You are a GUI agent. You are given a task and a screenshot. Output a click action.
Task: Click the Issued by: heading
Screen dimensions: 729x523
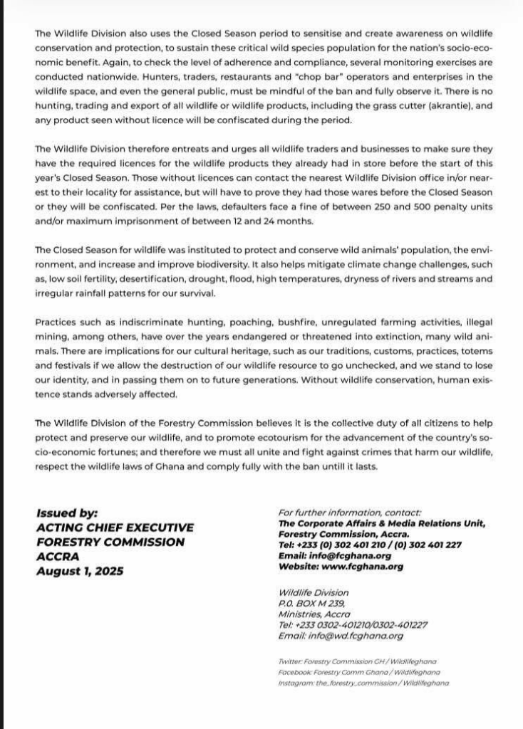pyautogui.click(x=67, y=513)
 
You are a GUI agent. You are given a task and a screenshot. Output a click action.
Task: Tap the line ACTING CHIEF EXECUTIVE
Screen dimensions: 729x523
pyautogui.click(x=115, y=528)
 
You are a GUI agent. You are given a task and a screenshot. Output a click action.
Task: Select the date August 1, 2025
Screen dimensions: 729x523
pyautogui.click(x=80, y=571)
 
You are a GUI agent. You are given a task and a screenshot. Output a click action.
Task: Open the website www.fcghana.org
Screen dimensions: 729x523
pyautogui.click(x=341, y=567)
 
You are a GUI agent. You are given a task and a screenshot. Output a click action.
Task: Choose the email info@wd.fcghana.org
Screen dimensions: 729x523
pyautogui.click(x=341, y=636)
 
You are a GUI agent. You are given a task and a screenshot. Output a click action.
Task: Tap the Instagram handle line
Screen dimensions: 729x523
pyautogui.click(x=363, y=683)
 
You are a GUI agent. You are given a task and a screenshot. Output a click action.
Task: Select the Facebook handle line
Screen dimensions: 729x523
pyautogui.click(x=359, y=672)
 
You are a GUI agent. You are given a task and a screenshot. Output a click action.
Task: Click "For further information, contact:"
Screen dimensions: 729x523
pyautogui.click(x=350, y=512)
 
